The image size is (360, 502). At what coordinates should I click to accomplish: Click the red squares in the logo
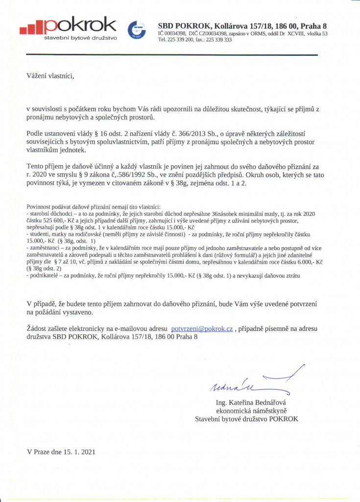tap(31, 28)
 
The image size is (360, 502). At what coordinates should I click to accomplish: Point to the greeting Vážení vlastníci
tap(51, 75)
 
